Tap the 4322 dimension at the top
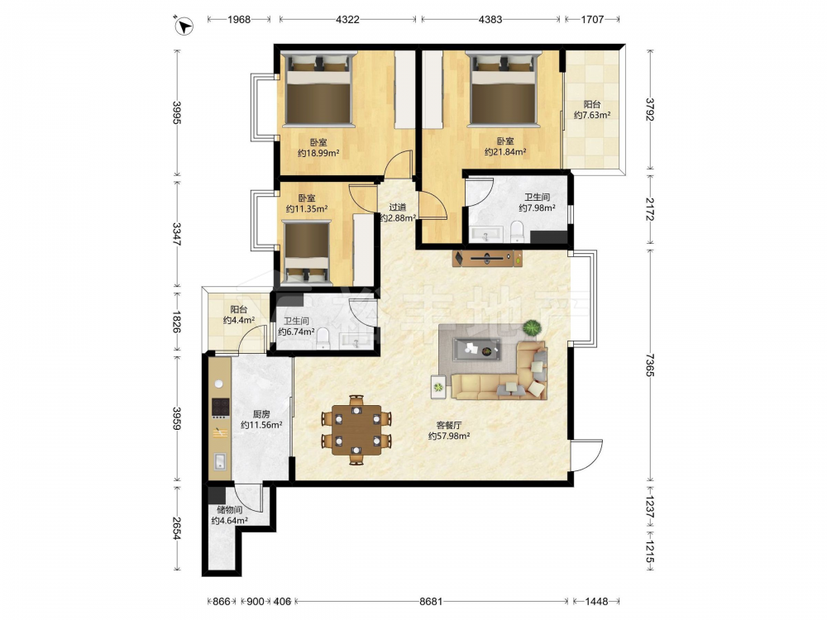347,20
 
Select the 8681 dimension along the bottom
431,601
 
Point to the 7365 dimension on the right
649,365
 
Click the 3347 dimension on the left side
177,235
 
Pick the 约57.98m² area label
449,436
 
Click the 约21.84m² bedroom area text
505,152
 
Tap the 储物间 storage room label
229,510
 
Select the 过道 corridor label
398,207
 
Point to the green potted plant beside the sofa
532,328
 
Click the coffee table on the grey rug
476,349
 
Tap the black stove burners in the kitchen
221,407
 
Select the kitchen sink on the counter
219,461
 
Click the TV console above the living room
488,258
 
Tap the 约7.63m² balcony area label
592,115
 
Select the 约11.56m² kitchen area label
261,424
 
